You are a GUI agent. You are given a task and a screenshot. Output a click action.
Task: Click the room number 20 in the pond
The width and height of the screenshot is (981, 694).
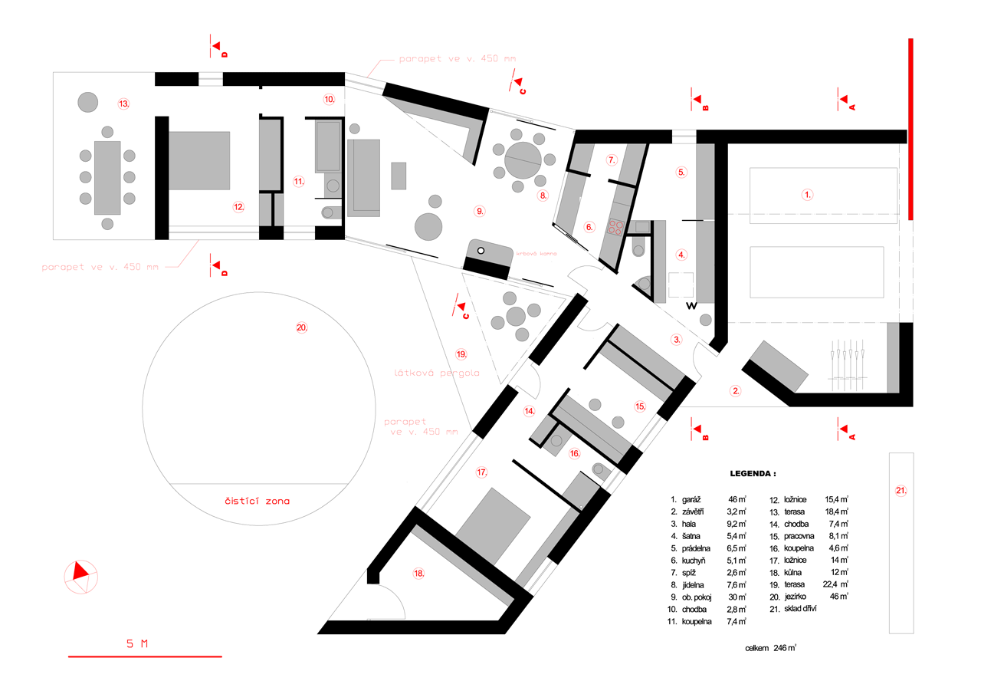(x=301, y=327)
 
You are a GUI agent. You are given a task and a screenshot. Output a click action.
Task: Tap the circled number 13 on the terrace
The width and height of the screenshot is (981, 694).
(x=123, y=103)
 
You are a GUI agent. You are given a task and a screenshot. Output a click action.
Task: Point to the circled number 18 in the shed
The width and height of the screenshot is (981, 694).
(x=418, y=573)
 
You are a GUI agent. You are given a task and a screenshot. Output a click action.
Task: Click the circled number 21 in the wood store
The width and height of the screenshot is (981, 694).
(x=901, y=489)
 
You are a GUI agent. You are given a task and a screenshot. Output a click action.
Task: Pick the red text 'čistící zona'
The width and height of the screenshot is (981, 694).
(x=258, y=502)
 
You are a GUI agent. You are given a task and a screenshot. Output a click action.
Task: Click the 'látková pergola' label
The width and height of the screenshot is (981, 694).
(x=436, y=373)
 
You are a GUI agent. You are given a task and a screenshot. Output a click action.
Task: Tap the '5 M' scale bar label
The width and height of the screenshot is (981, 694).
(x=137, y=643)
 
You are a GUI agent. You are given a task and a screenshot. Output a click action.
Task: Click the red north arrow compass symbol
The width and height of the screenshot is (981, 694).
(x=80, y=574)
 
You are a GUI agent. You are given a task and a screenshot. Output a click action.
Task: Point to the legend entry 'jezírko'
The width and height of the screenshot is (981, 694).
(x=797, y=597)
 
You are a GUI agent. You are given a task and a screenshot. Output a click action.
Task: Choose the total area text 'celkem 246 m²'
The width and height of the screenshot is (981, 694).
(x=770, y=648)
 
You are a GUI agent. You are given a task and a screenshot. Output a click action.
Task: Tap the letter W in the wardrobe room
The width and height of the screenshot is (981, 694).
(x=691, y=306)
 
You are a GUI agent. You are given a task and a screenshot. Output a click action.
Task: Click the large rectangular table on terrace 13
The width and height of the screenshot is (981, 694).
(x=107, y=177)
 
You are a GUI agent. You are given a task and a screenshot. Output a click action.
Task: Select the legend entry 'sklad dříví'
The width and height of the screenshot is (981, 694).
(x=802, y=609)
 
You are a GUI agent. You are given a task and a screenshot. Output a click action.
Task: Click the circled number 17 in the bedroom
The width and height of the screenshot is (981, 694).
(x=481, y=472)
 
